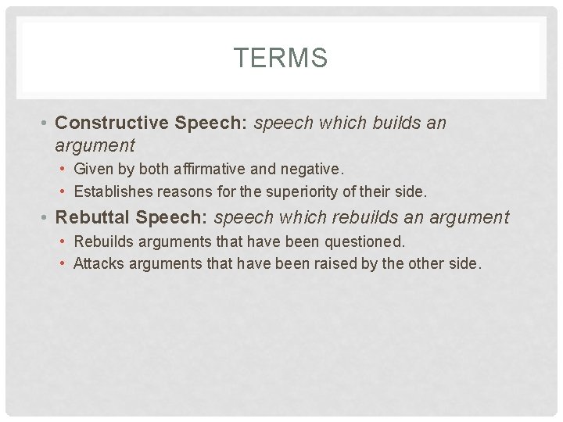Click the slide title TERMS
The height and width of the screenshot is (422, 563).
(x=281, y=59)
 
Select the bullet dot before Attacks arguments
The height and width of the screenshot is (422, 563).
(x=63, y=263)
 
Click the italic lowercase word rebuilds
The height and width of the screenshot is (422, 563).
(x=371, y=217)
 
